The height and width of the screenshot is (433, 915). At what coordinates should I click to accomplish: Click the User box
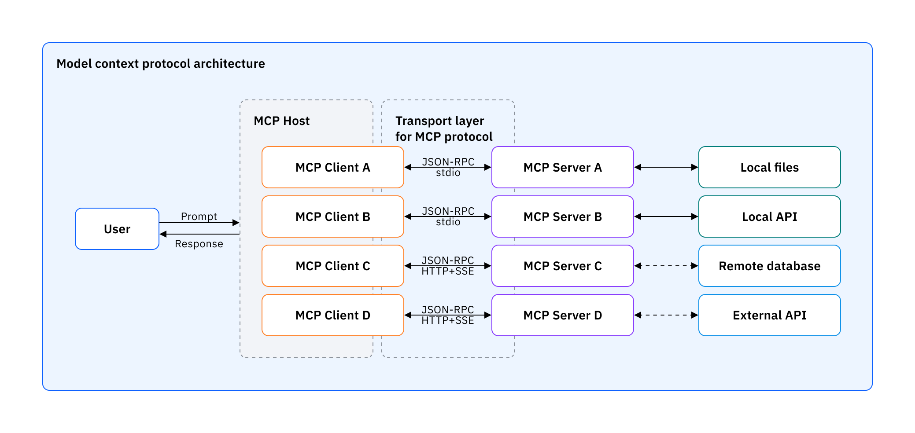pos(117,229)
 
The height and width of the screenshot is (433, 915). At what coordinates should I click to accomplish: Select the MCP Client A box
pos(332,167)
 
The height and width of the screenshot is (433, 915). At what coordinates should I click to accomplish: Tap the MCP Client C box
pos(332,266)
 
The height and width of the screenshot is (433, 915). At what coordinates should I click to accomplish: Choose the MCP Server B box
pos(562,216)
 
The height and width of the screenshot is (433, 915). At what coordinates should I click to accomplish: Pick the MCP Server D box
pos(562,315)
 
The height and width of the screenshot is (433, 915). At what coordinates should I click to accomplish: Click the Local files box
pos(769,167)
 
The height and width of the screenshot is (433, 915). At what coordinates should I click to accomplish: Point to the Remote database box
pos(769,266)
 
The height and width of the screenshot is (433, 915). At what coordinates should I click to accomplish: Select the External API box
pos(769,315)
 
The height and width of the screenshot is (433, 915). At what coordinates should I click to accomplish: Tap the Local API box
pos(769,216)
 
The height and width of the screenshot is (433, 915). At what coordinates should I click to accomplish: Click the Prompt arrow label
pos(199,216)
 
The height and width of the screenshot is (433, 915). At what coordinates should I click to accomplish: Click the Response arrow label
pos(199,244)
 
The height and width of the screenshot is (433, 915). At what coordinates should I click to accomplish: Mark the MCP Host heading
pos(281,121)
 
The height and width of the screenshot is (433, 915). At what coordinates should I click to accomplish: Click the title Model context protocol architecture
pos(160,64)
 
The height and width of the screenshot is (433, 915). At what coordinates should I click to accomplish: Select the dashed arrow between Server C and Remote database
pos(666,266)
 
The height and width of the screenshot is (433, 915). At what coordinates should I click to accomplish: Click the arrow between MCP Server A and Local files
pos(666,167)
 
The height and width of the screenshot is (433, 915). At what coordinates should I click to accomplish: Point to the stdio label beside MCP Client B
pos(448,222)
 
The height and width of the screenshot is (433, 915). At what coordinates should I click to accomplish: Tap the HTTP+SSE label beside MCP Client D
pos(448,321)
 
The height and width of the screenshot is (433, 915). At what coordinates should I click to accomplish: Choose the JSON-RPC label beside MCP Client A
pos(448,161)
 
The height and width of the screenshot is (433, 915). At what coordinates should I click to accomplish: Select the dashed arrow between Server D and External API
pos(666,315)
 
